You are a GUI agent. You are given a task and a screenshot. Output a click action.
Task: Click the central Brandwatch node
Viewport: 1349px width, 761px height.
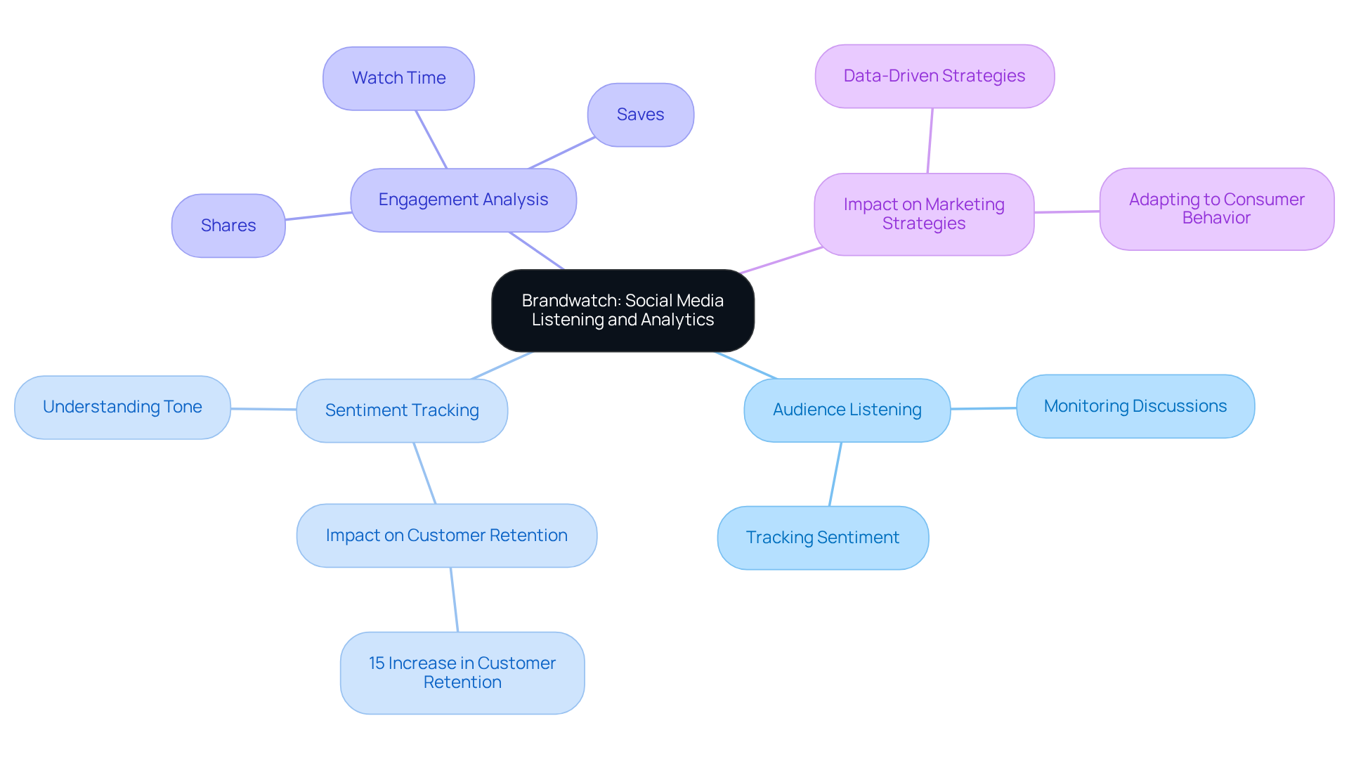[x=623, y=310]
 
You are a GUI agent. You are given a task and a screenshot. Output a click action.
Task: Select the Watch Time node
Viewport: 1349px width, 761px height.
[x=398, y=78]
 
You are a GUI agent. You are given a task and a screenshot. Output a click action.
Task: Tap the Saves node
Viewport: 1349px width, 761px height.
[x=640, y=115]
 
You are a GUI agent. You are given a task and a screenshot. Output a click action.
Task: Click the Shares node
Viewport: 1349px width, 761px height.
[x=228, y=226]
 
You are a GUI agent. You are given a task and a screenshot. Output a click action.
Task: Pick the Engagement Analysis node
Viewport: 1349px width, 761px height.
[x=463, y=200]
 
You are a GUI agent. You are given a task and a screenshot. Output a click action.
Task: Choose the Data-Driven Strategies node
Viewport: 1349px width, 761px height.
[x=934, y=76]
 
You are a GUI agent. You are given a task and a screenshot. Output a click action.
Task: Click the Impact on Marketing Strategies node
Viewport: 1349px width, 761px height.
[x=923, y=214]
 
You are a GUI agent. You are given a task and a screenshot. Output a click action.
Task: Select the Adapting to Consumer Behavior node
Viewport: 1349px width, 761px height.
[x=1216, y=209]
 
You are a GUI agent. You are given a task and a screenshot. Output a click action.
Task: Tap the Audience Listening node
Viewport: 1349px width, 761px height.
[x=847, y=410]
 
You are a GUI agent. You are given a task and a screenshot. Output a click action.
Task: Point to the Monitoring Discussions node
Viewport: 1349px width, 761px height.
[x=1135, y=406]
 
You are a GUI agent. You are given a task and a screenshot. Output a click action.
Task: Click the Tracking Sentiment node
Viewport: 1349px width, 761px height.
[x=822, y=538]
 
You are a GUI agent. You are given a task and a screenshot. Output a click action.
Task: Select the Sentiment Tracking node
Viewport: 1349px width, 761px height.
[x=402, y=410]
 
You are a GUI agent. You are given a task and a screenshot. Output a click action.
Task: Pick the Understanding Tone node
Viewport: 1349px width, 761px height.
[x=122, y=407]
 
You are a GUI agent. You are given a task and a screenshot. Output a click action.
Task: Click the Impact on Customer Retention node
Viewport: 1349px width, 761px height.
[x=446, y=535]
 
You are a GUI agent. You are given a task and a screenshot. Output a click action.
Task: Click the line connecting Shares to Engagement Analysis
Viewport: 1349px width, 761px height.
[x=318, y=216]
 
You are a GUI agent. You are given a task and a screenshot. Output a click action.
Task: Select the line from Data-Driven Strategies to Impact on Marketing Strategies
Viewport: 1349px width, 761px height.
[x=930, y=141]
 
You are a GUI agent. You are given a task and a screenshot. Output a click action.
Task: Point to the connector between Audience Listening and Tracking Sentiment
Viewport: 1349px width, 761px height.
[x=835, y=474]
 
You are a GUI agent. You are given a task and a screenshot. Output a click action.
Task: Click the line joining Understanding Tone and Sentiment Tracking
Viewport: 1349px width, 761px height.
[x=263, y=409]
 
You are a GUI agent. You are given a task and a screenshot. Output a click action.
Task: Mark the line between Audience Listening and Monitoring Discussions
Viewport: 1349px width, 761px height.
[x=984, y=408]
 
